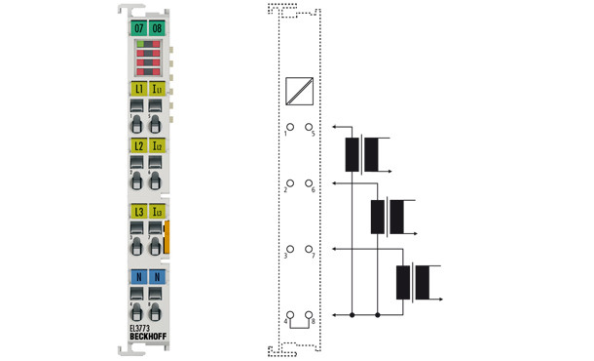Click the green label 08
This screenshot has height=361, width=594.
(157, 27)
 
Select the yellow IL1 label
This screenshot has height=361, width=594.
(157, 90)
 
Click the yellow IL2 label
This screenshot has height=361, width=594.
(157, 145)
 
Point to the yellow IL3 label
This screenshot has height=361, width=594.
(157, 211)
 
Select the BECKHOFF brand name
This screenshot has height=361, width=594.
(147, 339)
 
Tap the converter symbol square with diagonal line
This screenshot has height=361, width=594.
(299, 91)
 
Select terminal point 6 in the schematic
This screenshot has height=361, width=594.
(309, 183)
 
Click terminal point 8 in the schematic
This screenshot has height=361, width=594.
(309, 314)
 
